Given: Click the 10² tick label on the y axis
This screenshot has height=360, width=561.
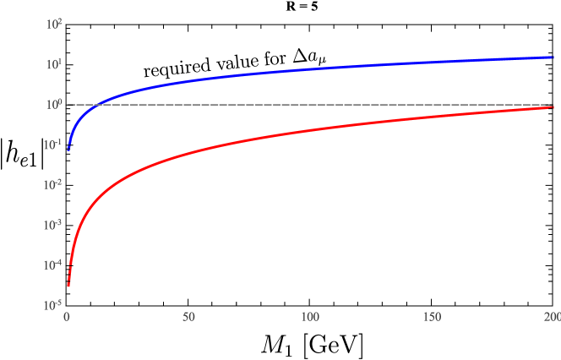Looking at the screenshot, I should pyautogui.click(x=54, y=25).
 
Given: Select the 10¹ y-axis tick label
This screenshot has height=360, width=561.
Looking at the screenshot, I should pyautogui.click(x=54, y=64).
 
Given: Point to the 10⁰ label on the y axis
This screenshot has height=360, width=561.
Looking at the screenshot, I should pyautogui.click(x=54, y=104).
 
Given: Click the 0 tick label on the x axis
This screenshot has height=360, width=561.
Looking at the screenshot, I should pyautogui.click(x=68, y=317).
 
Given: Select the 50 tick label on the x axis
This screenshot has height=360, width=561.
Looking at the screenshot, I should pyautogui.click(x=188, y=317).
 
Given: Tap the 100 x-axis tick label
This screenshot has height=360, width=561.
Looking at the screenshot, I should pyautogui.click(x=310, y=317).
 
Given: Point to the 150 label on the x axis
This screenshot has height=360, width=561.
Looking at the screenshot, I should pyautogui.click(x=432, y=317).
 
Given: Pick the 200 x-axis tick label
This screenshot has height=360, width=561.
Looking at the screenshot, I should pyautogui.click(x=552, y=317).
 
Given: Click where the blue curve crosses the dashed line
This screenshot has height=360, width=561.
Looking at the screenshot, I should pyautogui.click(x=99, y=105).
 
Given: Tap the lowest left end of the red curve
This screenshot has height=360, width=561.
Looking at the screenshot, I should pyautogui.click(x=68, y=285).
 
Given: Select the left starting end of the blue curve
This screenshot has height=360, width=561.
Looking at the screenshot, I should pyautogui.click(x=68, y=149).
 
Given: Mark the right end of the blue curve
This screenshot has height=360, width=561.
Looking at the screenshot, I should pyautogui.click(x=553, y=57).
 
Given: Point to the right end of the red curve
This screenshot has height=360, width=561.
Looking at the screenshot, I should pyautogui.click(x=553, y=106).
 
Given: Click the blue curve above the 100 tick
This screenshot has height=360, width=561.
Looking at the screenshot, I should pyautogui.click(x=310, y=68).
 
